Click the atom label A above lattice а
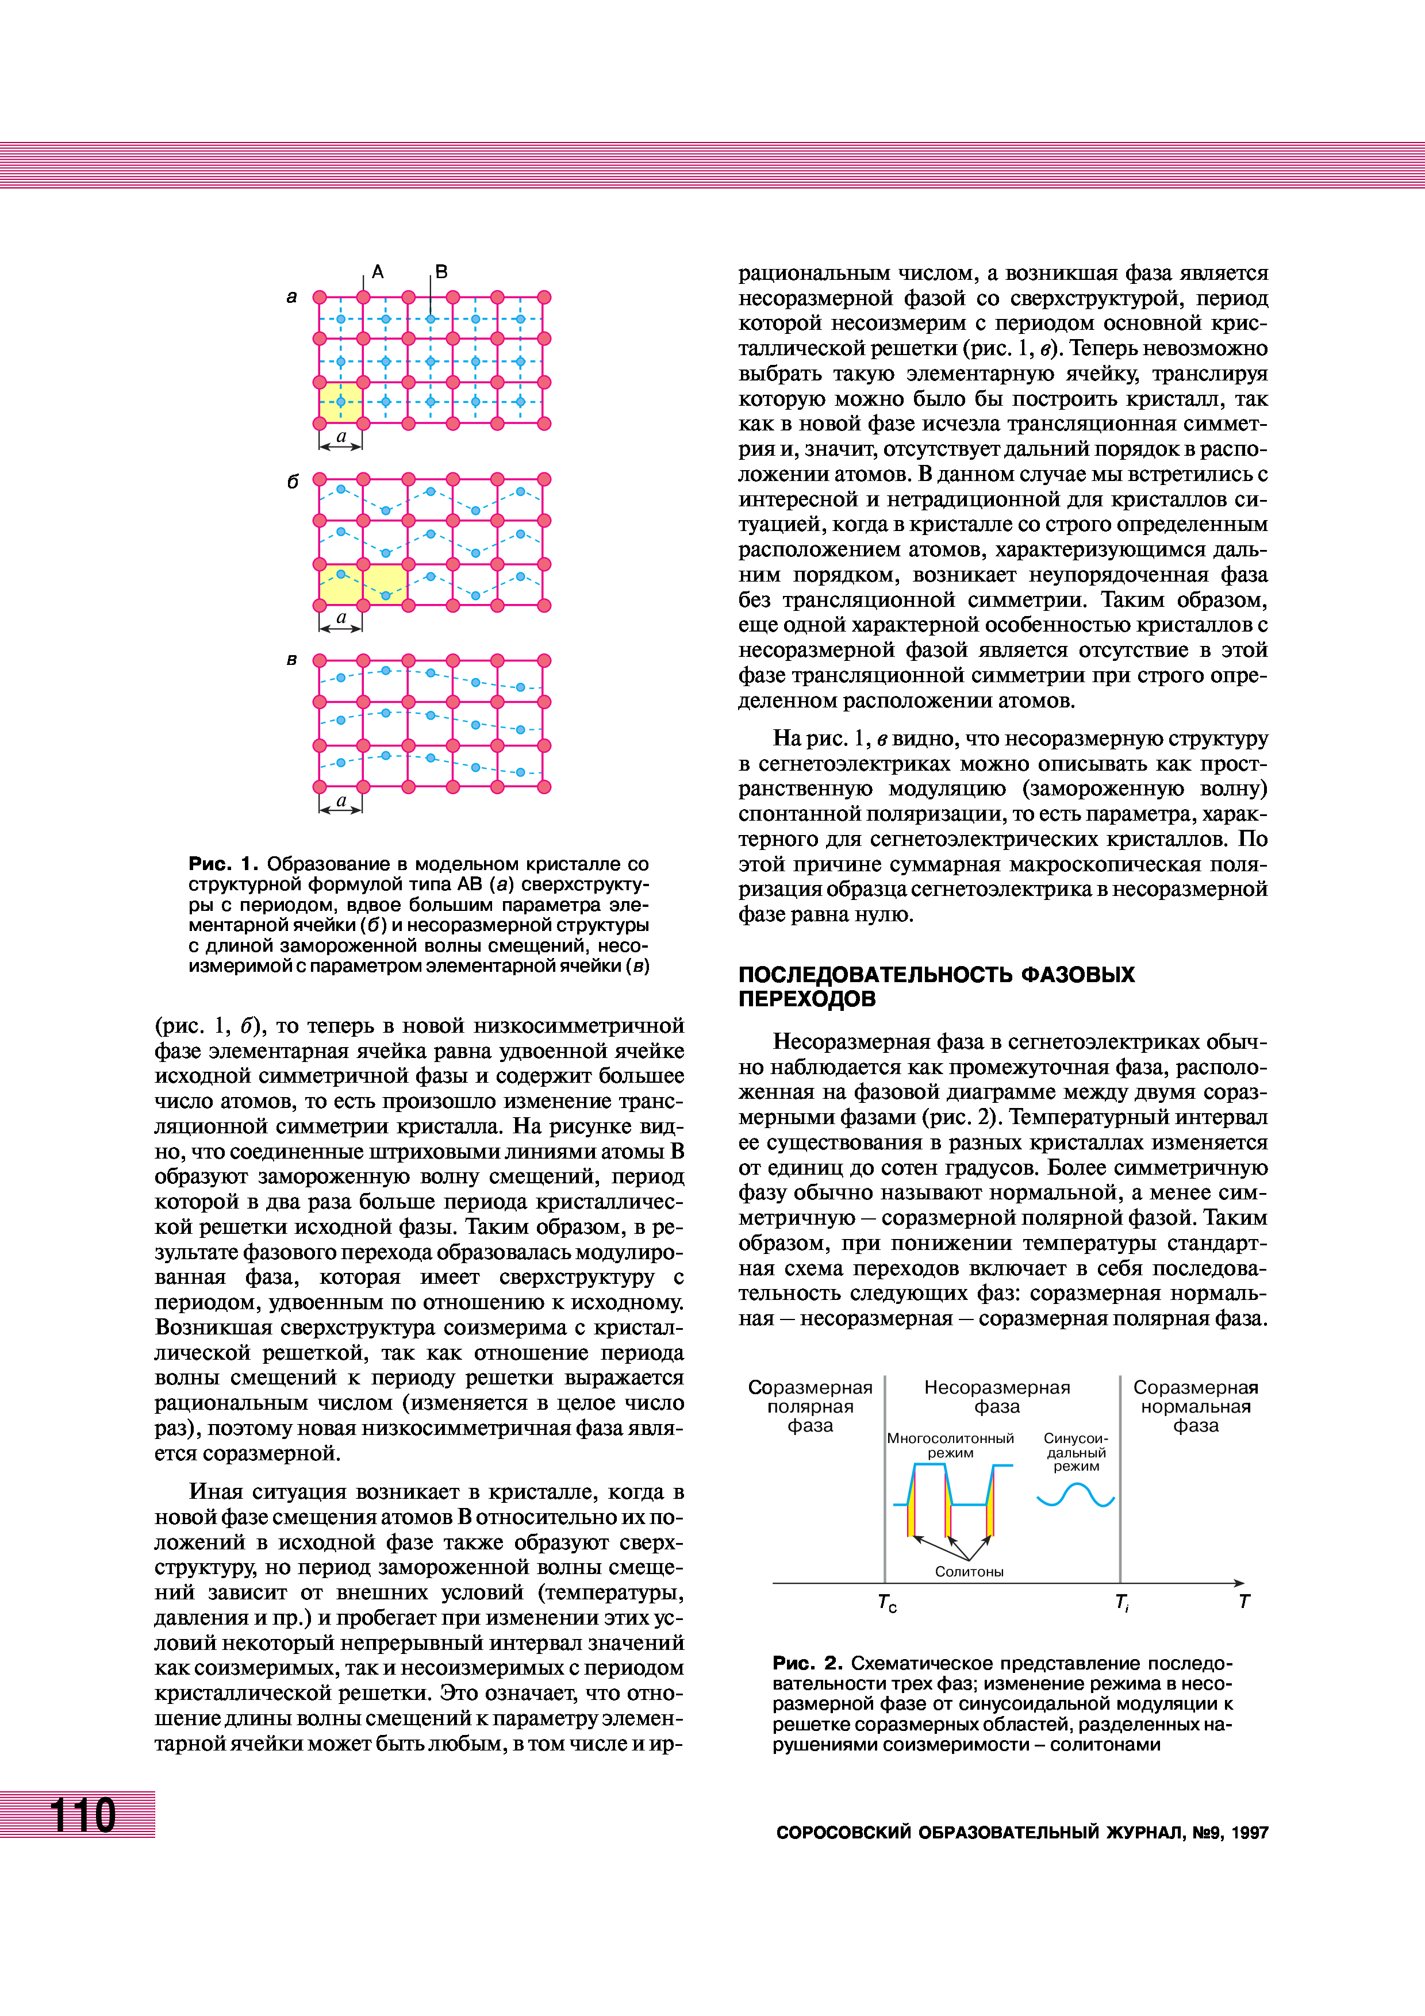click(378, 272)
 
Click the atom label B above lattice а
click(441, 272)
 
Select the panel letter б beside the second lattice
click(293, 482)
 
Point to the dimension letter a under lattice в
click(341, 801)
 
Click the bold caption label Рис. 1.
click(223, 863)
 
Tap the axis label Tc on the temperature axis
click(887, 1602)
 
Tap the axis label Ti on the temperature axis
click(1121, 1602)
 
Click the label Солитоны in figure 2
click(969, 1572)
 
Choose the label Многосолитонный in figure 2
click(950, 1439)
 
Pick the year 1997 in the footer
click(1250, 1833)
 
